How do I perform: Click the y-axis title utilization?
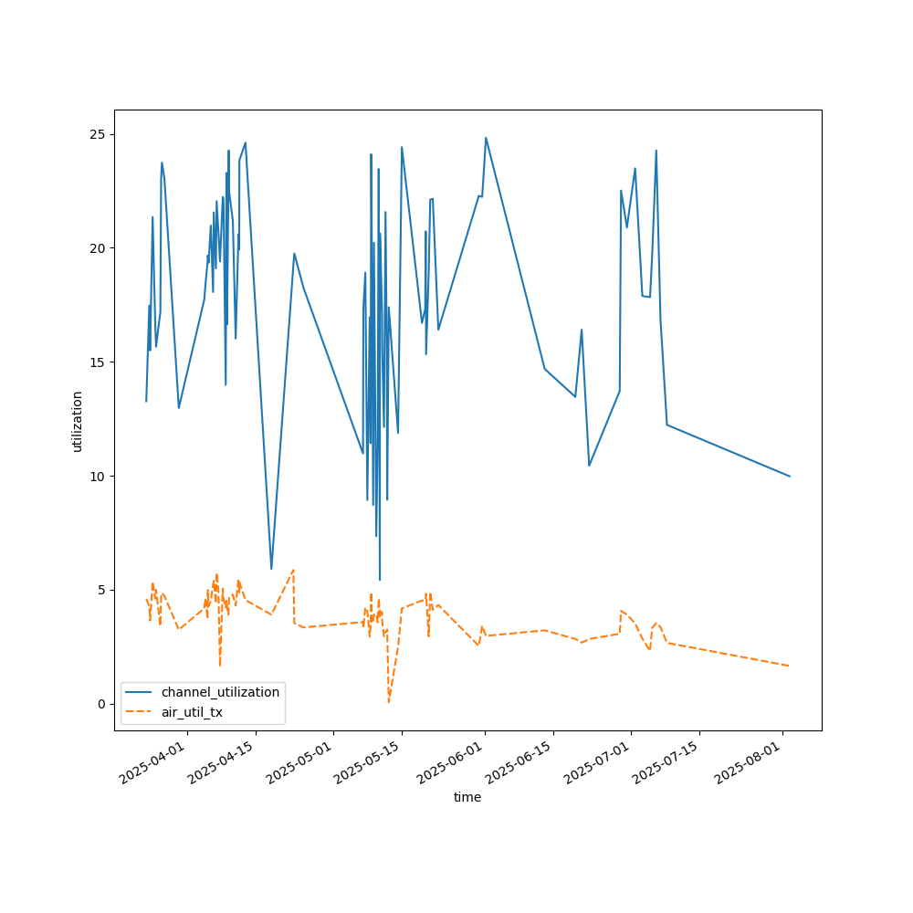(x=78, y=421)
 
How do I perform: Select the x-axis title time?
(x=467, y=797)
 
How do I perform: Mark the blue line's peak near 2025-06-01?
(x=486, y=138)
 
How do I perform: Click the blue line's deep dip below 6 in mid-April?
(x=271, y=569)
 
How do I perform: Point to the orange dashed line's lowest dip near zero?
(x=389, y=701)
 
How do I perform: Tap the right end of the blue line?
(x=790, y=476)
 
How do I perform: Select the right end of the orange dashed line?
(x=790, y=666)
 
